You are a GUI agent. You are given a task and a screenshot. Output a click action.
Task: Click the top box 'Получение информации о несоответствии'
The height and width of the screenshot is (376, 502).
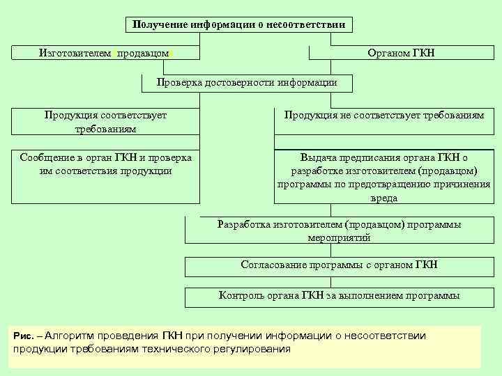point(239,24)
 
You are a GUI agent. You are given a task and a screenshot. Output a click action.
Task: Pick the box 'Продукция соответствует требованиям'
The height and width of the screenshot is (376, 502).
point(105,122)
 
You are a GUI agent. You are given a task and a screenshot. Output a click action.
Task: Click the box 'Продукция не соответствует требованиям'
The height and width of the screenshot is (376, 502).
point(383,116)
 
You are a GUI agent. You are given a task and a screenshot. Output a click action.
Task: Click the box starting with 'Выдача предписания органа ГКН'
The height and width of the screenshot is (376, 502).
point(383,178)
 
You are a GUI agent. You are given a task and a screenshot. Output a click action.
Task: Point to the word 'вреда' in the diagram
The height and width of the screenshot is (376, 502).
point(384,198)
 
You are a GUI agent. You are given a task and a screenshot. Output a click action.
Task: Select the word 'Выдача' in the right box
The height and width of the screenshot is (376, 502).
point(317,157)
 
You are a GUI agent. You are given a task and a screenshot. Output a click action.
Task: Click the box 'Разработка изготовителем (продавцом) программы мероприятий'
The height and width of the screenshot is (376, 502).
point(339,230)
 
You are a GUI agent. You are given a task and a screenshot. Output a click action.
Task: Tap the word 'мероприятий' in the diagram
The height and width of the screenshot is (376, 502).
point(339,237)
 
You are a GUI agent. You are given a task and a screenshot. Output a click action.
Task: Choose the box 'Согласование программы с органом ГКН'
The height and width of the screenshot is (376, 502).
point(339,265)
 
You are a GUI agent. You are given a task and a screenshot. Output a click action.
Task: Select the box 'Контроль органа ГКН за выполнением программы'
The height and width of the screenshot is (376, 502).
point(339,296)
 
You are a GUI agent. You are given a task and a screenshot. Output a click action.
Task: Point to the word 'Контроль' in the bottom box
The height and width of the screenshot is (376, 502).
point(241,296)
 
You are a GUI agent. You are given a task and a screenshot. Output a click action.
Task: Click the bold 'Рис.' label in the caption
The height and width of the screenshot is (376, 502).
point(24,336)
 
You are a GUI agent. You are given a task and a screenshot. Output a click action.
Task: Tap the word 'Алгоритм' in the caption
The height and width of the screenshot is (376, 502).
point(72,336)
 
